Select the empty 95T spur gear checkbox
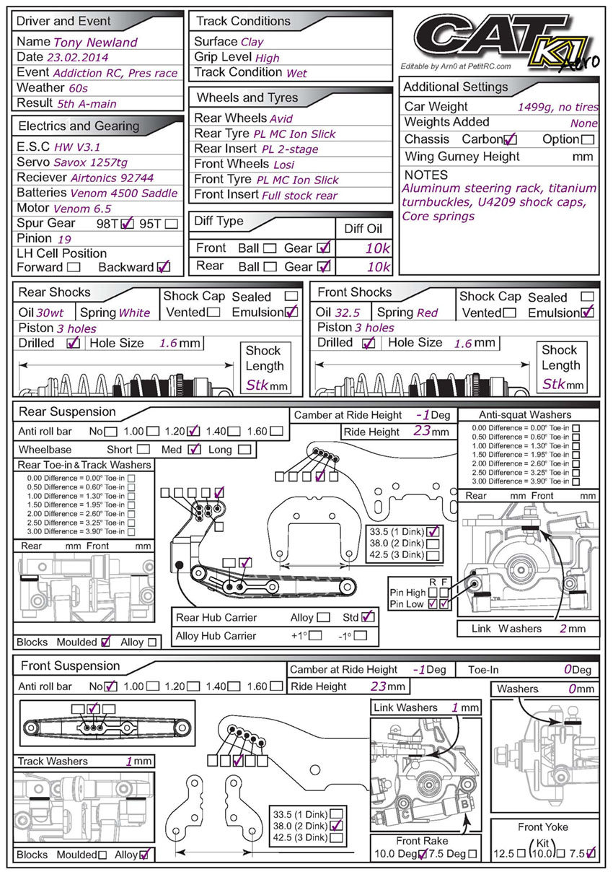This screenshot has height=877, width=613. pos(171,224)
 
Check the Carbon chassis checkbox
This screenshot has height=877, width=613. pos(511,139)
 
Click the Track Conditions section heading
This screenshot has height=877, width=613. pos(243,21)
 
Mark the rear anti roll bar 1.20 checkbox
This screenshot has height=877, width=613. pos(193,432)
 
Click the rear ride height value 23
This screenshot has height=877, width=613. pos(422,432)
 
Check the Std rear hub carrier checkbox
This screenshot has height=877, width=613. pos(368,617)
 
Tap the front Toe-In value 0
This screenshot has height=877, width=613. pos(568,670)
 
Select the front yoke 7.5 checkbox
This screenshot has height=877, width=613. pos(591,853)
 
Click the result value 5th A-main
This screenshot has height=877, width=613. pos(87,104)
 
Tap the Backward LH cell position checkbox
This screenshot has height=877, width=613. pos(164,267)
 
